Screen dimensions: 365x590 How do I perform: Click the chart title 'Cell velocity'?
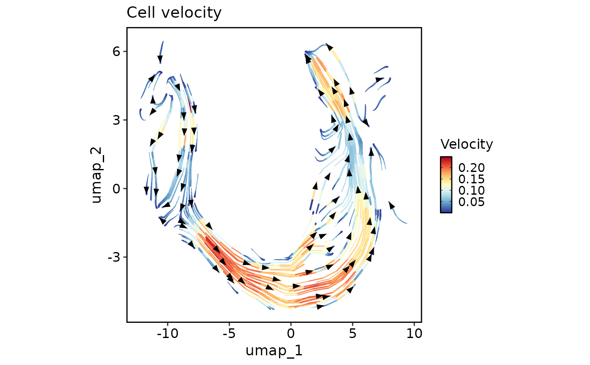174,13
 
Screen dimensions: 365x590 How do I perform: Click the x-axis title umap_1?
274,350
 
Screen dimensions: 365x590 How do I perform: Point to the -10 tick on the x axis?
167,335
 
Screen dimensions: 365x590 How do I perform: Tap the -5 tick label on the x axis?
229,335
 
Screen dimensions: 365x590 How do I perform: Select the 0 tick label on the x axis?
290,335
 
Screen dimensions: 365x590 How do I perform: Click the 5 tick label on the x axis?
352,335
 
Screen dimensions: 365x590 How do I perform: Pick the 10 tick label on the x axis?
414,335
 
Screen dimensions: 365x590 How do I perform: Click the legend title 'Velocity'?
467,145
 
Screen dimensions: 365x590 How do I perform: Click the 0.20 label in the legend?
471,167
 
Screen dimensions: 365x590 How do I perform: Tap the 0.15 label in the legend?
471,179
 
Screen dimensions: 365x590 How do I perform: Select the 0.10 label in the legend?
471,191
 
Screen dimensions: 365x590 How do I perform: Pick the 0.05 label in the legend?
471,202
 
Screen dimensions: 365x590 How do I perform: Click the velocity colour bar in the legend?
446,185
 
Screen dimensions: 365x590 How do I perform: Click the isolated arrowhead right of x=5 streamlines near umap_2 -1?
392,206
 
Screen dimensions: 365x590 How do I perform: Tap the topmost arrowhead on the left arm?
160,59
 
